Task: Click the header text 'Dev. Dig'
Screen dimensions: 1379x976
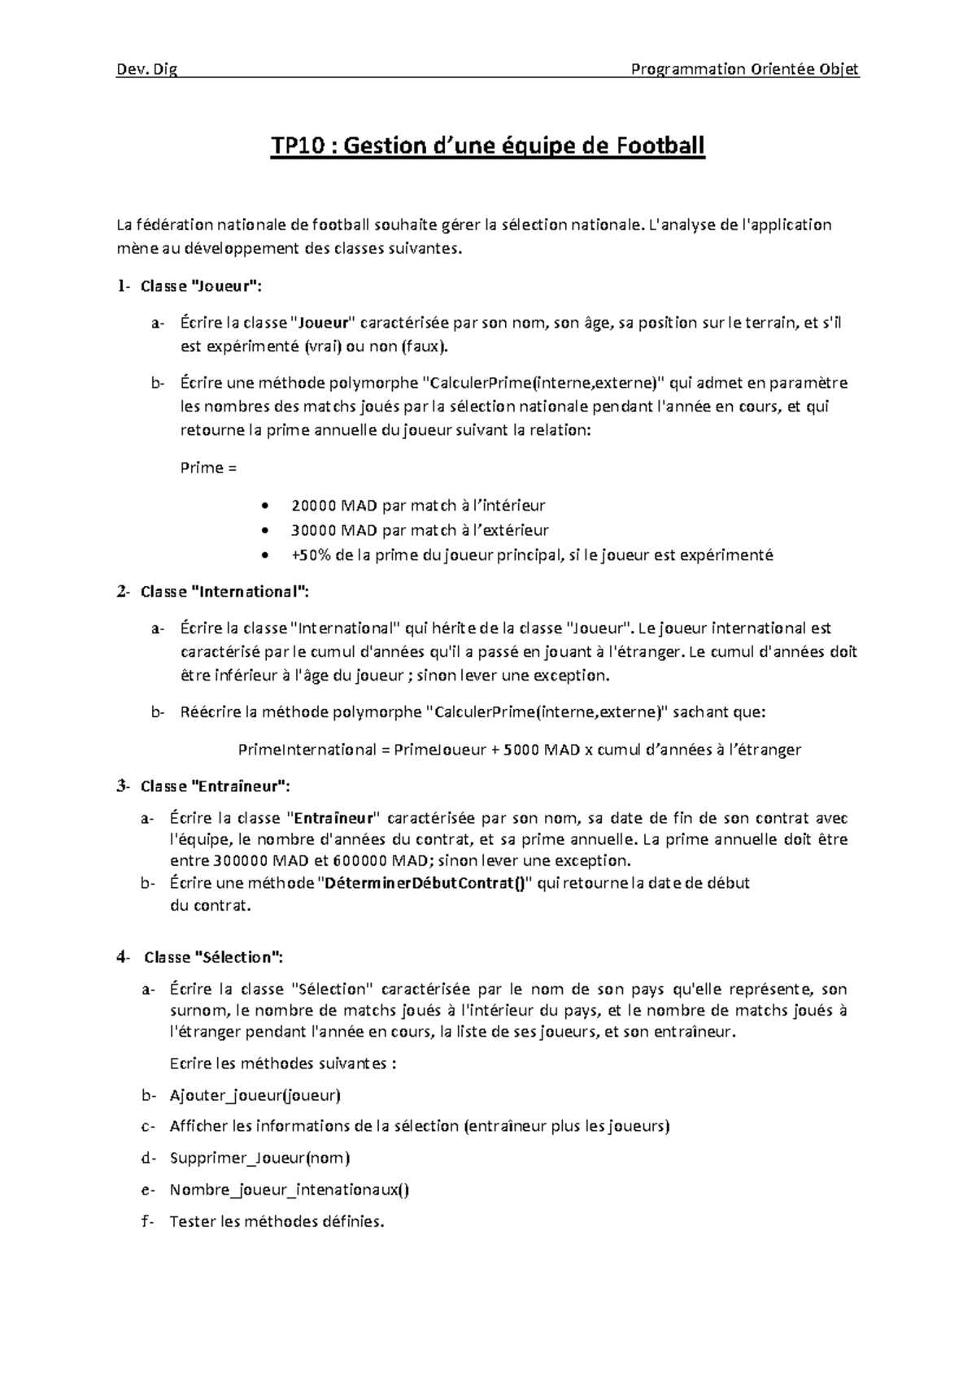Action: point(147,69)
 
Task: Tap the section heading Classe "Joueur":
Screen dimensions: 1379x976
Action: point(202,286)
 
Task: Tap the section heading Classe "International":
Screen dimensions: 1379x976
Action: point(224,592)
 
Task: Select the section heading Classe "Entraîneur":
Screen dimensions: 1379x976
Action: point(215,786)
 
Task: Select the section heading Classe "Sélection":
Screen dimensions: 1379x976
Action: point(214,958)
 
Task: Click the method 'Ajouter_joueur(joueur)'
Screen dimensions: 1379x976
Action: point(255,1095)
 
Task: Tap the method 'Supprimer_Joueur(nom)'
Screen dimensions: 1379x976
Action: point(259,1158)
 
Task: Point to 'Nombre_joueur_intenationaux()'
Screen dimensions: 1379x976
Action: point(290,1190)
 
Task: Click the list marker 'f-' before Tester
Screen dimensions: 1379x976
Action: point(146,1221)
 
